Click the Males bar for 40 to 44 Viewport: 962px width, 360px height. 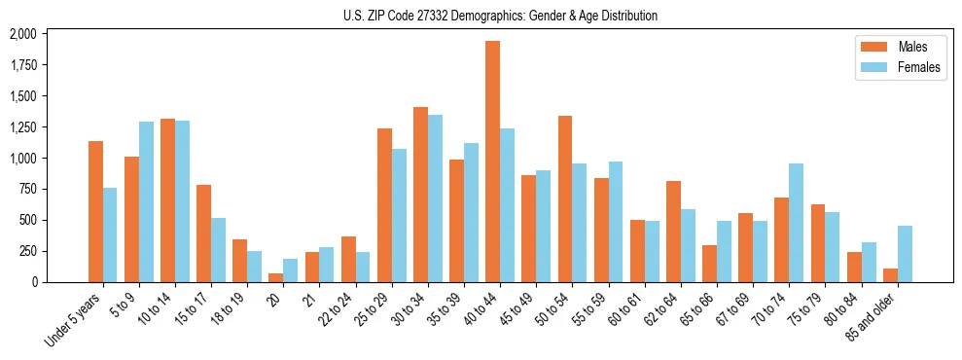pyautogui.click(x=493, y=162)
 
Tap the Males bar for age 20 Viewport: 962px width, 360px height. pyautogui.click(x=276, y=277)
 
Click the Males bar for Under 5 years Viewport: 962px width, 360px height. pyautogui.click(x=95, y=211)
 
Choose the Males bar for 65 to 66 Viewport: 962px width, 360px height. pyautogui.click(x=710, y=264)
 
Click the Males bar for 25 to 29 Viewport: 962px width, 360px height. pyautogui.click(x=384, y=205)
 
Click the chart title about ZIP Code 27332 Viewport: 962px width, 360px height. pyautogui.click(x=500, y=16)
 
